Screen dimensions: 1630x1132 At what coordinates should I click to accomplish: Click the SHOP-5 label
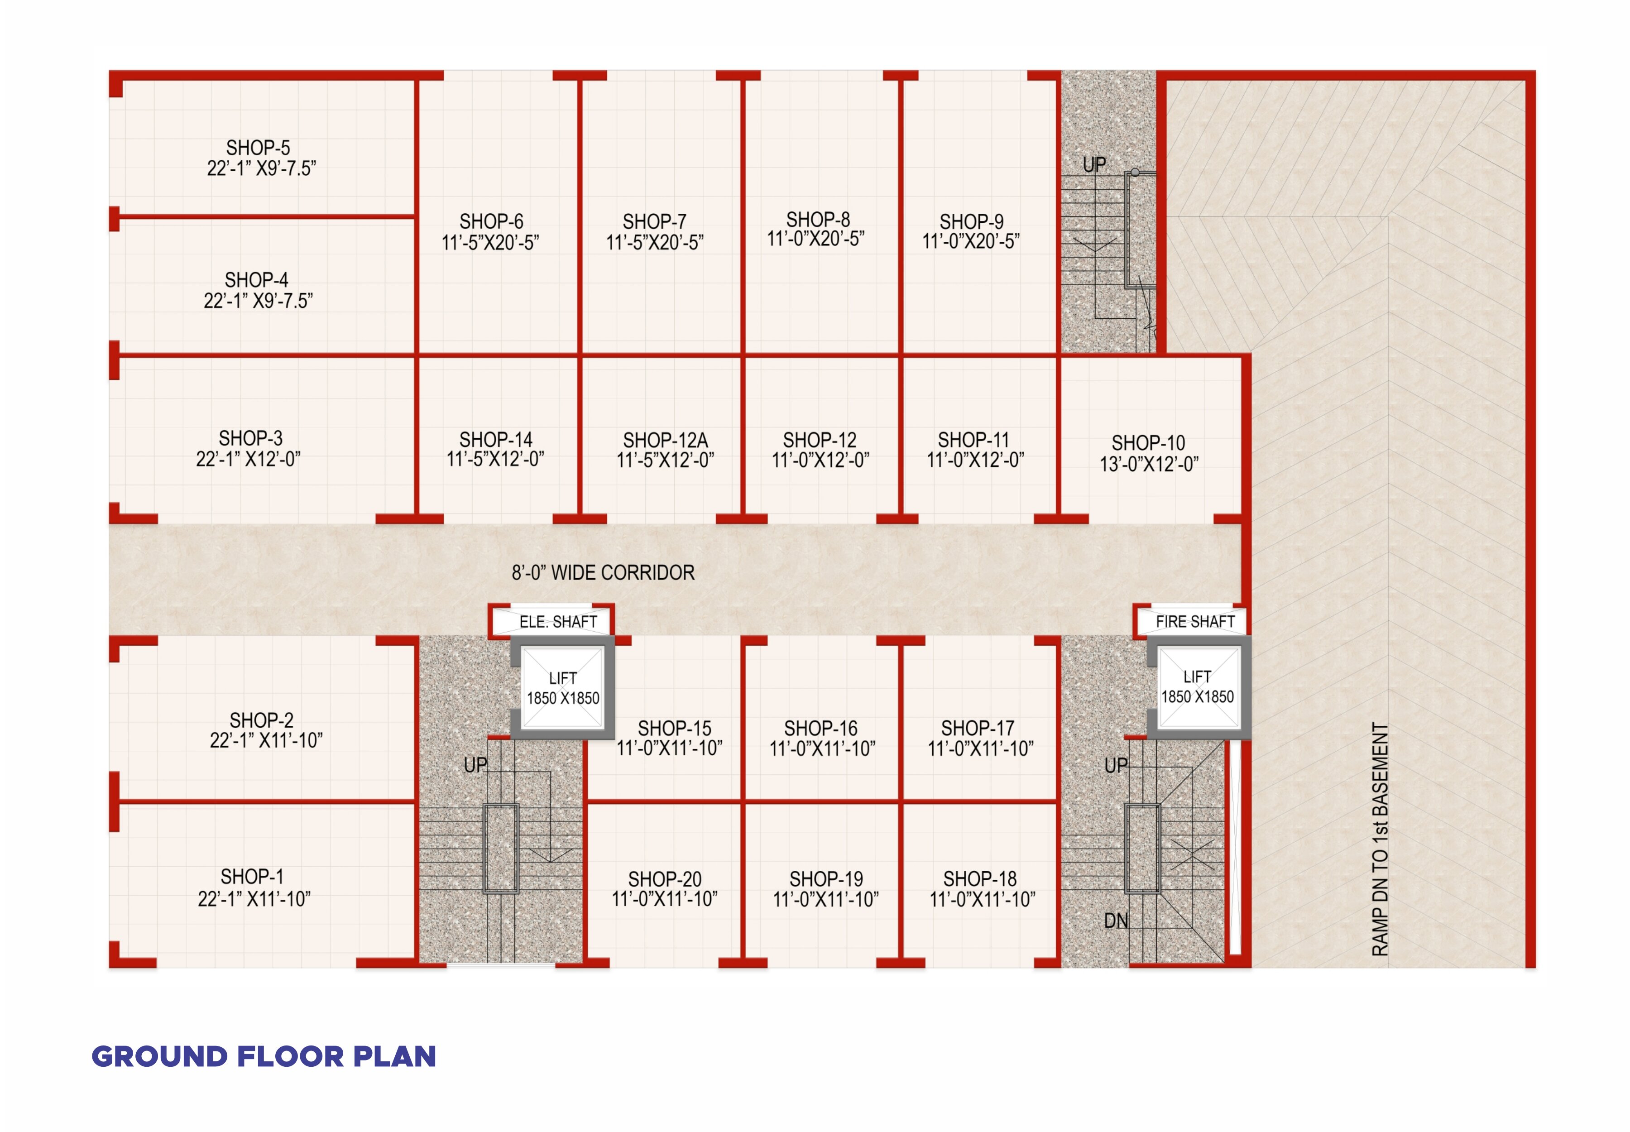(x=258, y=148)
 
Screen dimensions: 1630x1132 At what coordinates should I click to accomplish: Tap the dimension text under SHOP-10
(x=1149, y=464)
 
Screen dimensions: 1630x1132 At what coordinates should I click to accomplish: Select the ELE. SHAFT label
(x=558, y=622)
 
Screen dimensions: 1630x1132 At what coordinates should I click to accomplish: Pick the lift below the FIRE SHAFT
(x=1198, y=687)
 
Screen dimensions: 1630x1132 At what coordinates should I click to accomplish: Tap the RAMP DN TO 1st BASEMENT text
(x=1380, y=839)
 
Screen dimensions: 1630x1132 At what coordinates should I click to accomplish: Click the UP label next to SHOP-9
(x=1094, y=164)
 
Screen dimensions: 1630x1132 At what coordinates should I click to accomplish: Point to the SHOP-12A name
(x=665, y=440)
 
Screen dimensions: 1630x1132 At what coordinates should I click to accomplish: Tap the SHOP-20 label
(x=665, y=879)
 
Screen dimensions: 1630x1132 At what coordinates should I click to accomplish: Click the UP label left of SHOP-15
(x=476, y=765)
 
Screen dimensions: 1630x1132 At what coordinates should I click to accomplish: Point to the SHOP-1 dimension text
(x=254, y=899)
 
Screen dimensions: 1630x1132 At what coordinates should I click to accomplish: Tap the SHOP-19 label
(x=826, y=879)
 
